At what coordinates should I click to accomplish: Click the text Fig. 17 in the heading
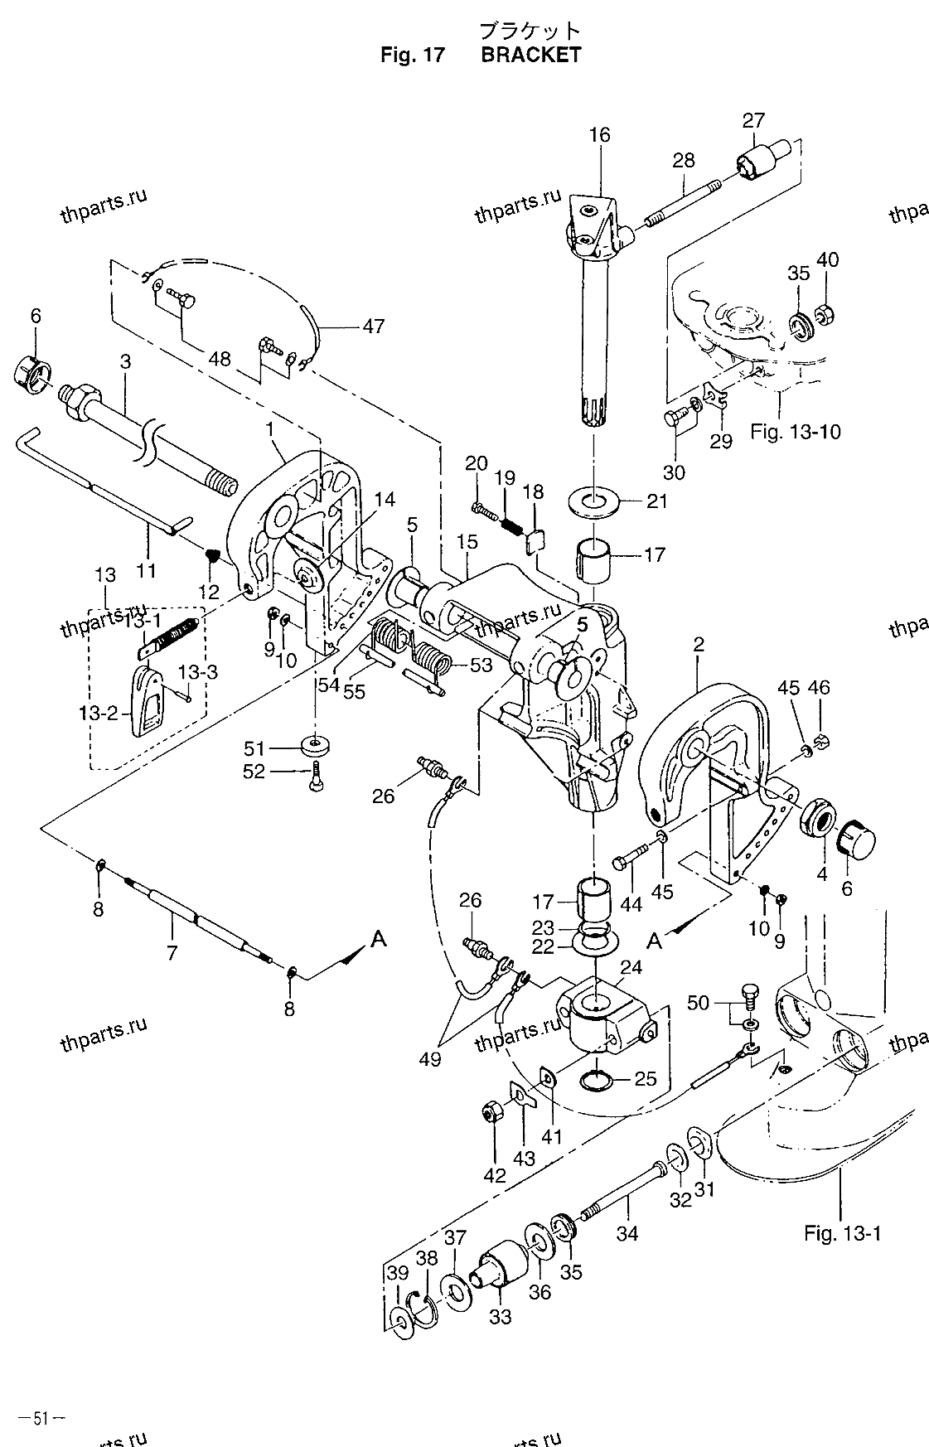(413, 55)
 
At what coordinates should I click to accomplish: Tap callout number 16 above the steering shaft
(600, 135)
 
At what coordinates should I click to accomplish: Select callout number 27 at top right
(753, 121)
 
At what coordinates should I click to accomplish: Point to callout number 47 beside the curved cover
(374, 326)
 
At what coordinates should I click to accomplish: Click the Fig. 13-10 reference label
(796, 431)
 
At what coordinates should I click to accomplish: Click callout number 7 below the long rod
(172, 952)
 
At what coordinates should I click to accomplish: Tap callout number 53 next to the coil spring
(481, 665)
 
